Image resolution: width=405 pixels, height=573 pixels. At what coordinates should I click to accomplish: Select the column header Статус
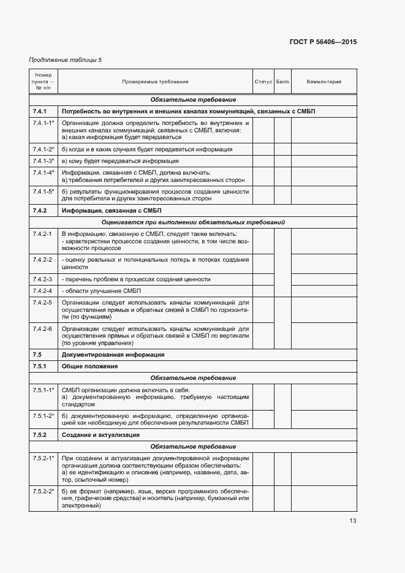pyautogui.click(x=263, y=82)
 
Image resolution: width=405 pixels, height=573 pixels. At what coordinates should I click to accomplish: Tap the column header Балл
pyautogui.click(x=282, y=82)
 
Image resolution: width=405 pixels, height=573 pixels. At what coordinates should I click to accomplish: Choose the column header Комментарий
pyautogui.click(x=324, y=82)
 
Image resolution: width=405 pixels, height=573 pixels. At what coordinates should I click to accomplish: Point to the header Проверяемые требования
pyautogui.click(x=154, y=82)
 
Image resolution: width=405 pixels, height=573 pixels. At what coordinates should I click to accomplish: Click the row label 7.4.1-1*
pyautogui.click(x=44, y=123)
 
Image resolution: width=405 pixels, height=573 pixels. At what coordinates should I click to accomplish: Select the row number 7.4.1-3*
pyautogui.click(x=44, y=161)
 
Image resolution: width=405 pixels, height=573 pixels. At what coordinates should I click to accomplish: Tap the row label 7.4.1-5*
pyautogui.click(x=44, y=191)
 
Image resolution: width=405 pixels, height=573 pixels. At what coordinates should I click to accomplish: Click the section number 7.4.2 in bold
pyautogui.click(x=40, y=210)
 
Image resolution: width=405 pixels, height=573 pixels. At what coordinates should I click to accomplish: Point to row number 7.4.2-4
pyautogui.click(x=42, y=290)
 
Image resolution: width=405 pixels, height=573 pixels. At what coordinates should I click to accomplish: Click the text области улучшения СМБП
pyautogui.click(x=98, y=290)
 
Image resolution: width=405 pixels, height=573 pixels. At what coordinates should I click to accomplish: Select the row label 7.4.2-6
pyautogui.click(x=42, y=328)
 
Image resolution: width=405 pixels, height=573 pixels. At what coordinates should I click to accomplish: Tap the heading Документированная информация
pyautogui.click(x=108, y=355)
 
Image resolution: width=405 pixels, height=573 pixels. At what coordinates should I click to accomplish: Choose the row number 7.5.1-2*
pyautogui.click(x=44, y=416)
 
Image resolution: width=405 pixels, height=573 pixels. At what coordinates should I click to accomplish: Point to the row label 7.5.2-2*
pyautogui.click(x=44, y=491)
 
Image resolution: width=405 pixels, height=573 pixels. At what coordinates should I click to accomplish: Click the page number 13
pyautogui.click(x=352, y=521)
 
